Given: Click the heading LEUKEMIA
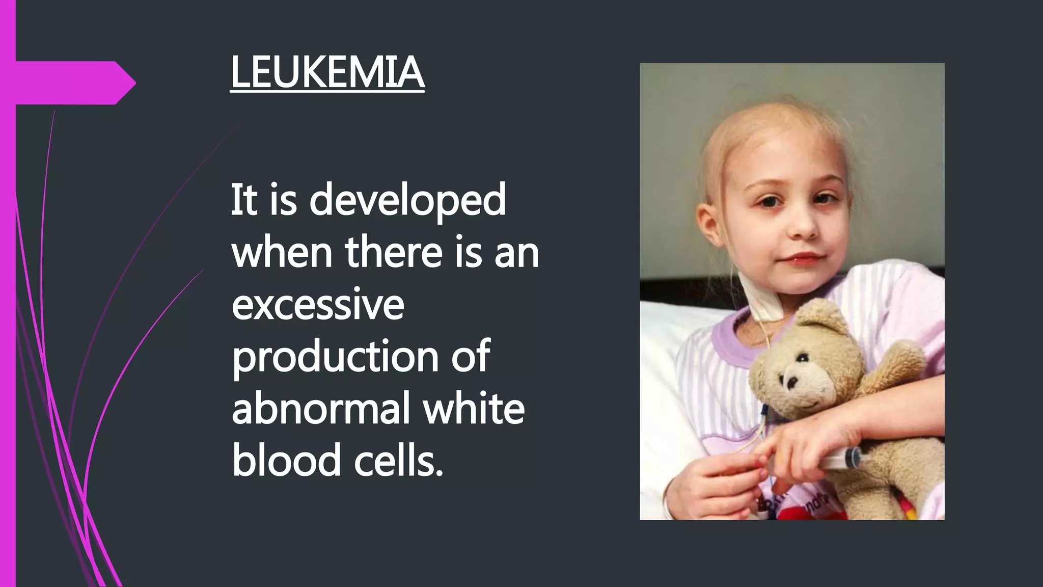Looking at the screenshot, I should [x=327, y=73].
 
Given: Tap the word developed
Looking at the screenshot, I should [x=407, y=200].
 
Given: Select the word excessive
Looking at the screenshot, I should [x=318, y=304].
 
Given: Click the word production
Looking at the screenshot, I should [x=335, y=357].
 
